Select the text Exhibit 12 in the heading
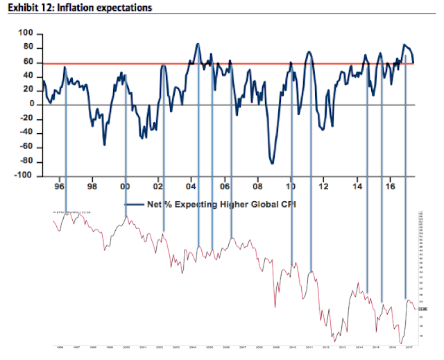[x=28, y=8]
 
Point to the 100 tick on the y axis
[x=25, y=33]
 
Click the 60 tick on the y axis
[x=28, y=61]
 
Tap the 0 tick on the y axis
[x=31, y=104]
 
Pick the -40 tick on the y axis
[x=26, y=133]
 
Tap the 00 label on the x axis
[x=125, y=187]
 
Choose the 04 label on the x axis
[x=191, y=187]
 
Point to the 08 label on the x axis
[x=258, y=187]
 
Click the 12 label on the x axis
[x=324, y=187]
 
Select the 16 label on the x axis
[x=391, y=187]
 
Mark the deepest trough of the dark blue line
[x=272, y=163]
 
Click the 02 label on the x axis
[x=158, y=187]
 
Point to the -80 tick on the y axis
[x=26, y=162]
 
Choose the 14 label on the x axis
[x=357, y=187]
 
